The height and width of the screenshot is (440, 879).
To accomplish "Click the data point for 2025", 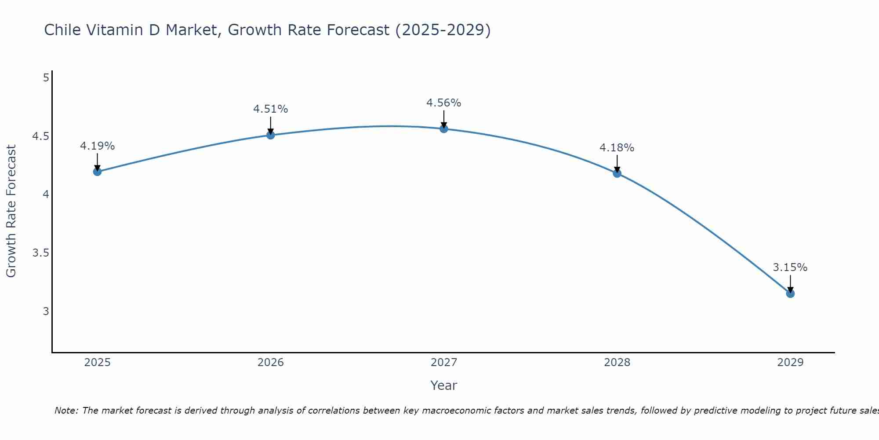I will tap(98, 172).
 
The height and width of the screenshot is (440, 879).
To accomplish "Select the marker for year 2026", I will tap(271, 135).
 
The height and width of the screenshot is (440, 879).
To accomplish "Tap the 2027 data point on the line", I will tap(444, 129).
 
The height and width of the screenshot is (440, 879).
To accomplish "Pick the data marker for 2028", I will tap(617, 173).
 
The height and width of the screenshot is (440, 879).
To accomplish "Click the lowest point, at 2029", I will tap(790, 293).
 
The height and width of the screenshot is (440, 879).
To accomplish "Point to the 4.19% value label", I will tap(98, 146).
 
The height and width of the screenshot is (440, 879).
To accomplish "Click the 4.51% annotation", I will tap(271, 109).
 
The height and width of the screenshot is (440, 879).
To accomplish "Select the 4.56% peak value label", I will tap(444, 103).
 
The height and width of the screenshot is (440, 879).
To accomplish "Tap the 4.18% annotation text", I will tap(617, 148).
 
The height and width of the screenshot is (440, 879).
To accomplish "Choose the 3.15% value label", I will tap(790, 268).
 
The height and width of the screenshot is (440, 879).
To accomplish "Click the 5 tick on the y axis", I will tap(46, 78).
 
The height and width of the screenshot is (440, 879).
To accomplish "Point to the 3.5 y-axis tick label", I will tap(40, 253).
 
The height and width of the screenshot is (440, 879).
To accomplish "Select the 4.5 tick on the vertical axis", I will tap(40, 136).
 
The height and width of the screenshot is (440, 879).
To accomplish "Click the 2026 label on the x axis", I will tap(271, 363).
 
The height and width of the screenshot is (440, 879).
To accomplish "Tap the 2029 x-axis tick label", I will tap(790, 363).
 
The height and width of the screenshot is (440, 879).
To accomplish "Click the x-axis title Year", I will tap(444, 385).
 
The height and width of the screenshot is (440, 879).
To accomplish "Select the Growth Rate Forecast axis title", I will tap(11, 211).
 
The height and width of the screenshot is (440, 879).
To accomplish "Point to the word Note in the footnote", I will tap(66, 411).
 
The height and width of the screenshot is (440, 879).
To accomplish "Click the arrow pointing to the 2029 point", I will tap(790, 284).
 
